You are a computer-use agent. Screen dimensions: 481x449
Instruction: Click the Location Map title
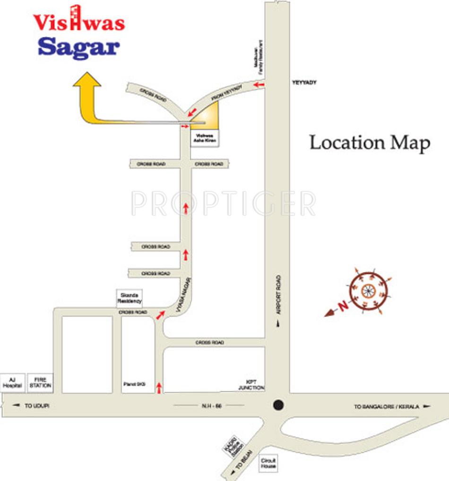coord(370,143)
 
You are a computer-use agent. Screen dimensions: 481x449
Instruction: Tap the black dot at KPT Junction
coord(278,405)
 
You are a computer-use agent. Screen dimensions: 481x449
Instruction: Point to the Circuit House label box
coord(268,463)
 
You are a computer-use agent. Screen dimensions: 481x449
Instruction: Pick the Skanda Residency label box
coord(130,299)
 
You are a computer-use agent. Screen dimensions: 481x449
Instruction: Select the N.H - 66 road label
coord(209,405)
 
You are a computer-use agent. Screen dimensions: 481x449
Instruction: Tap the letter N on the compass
coord(344,305)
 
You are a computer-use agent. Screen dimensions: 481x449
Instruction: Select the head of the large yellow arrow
coord(87,81)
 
